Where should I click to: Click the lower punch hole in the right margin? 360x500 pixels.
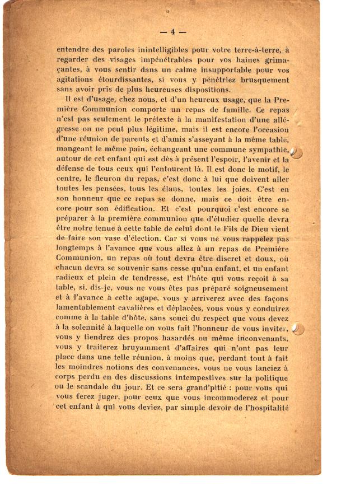[x=298, y=329]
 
